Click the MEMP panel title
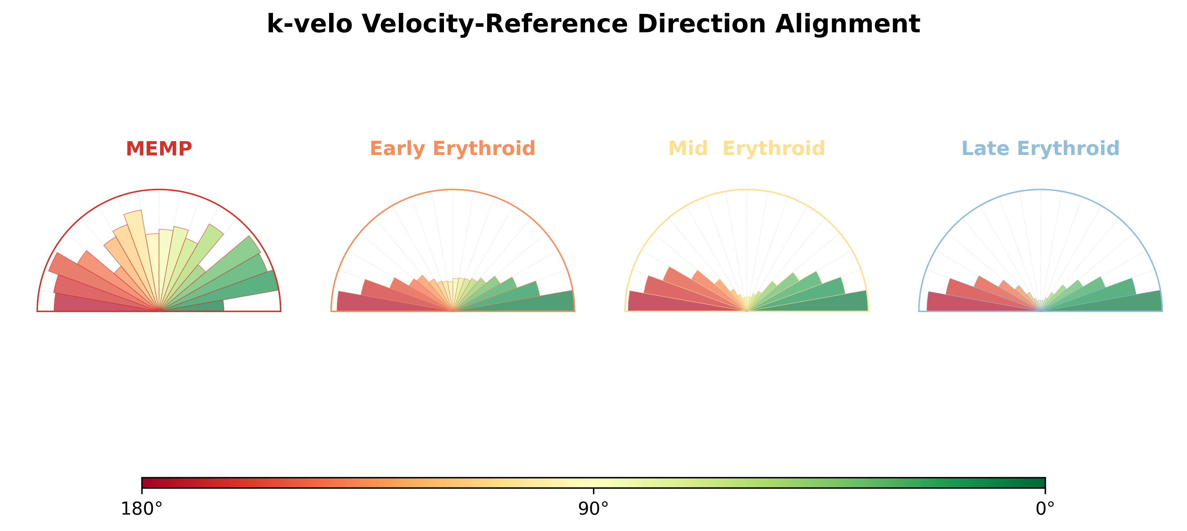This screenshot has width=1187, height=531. point(159,149)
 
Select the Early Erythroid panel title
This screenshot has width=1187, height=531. point(452,149)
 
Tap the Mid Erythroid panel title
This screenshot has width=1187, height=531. point(747,149)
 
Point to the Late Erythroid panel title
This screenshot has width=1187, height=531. point(1041,149)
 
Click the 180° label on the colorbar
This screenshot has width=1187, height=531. point(141,509)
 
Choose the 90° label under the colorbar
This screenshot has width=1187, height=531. point(594,509)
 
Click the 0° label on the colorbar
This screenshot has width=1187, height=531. point(1045,509)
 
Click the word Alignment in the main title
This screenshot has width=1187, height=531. point(848,24)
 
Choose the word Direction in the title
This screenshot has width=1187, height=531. point(701,24)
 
